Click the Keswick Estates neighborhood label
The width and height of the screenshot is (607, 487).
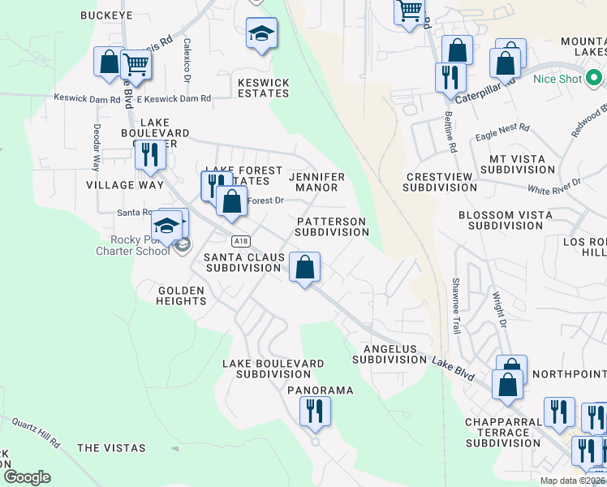[x=263, y=88]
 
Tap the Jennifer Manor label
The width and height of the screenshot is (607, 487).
[x=316, y=182]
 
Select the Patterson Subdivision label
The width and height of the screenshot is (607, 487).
[x=331, y=226]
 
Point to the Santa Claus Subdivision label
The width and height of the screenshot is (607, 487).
[x=244, y=262]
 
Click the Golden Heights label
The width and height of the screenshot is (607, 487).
[x=182, y=295]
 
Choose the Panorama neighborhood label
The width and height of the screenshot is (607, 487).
[x=321, y=390]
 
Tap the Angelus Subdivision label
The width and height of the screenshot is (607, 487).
[x=390, y=354]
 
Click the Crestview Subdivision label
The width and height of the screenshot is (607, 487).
[x=440, y=182]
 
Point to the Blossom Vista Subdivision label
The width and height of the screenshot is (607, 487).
[x=505, y=221]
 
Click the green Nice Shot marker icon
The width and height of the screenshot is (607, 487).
[x=594, y=79]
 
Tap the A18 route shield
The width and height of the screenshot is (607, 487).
[x=239, y=241]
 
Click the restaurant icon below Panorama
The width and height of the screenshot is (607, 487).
[x=315, y=411]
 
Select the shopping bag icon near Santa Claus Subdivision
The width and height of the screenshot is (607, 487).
[x=304, y=267]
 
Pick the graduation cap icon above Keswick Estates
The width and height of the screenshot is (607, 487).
[x=261, y=34]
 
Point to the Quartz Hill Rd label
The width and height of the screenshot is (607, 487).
[x=37, y=433]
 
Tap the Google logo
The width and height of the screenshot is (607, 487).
[x=27, y=477]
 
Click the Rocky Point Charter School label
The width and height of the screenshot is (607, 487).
[x=140, y=244]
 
